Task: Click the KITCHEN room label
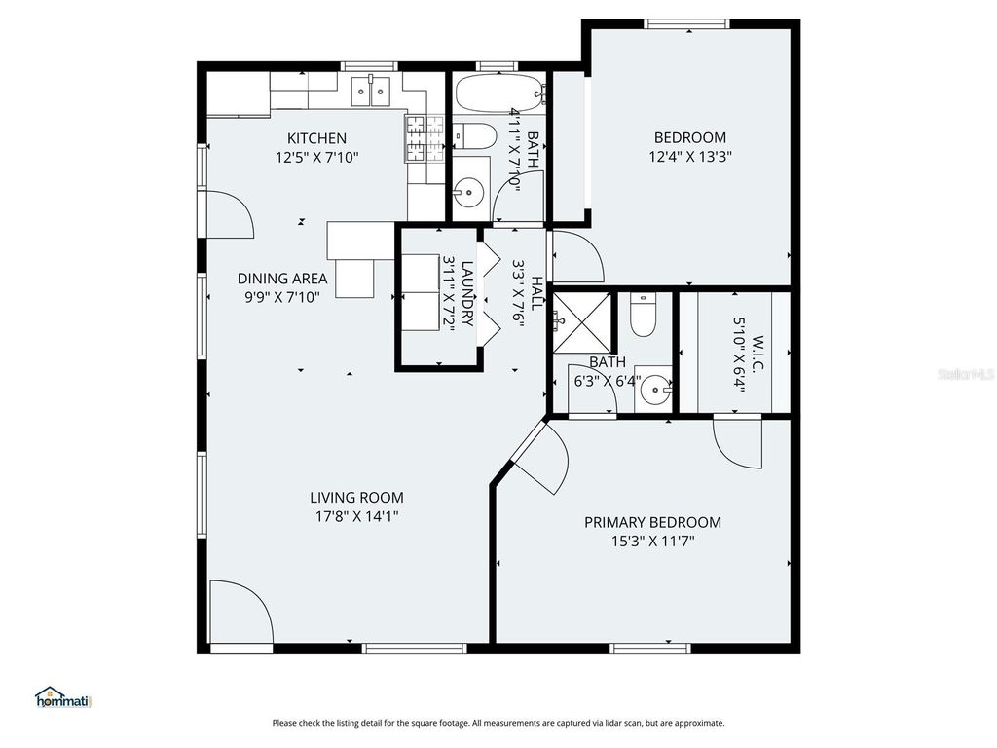click(x=316, y=138)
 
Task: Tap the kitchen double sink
click(x=371, y=91)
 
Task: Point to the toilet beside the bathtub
click(x=475, y=135)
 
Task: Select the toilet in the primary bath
click(x=643, y=315)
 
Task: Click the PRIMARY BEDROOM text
click(x=652, y=522)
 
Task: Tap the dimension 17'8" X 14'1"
click(x=356, y=516)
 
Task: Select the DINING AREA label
click(x=282, y=278)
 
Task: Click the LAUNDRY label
click(x=467, y=293)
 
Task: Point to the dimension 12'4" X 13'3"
click(x=690, y=157)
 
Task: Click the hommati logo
click(x=63, y=697)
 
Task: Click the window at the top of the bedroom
click(x=686, y=24)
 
